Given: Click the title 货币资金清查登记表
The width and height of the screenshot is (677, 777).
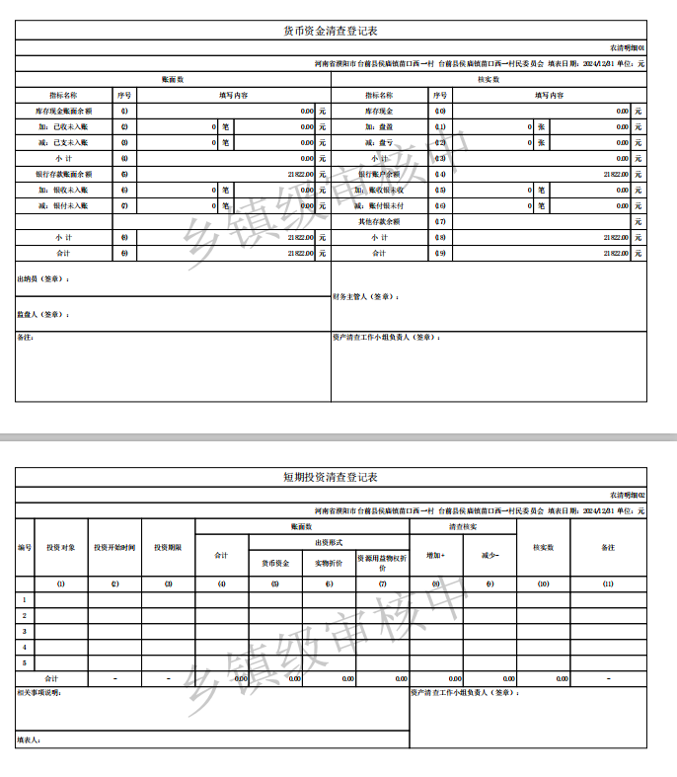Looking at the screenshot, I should pos(331,32).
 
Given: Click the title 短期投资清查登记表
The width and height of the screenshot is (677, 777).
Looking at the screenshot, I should pos(331,477).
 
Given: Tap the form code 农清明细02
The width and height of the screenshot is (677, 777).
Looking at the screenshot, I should pos(627,495).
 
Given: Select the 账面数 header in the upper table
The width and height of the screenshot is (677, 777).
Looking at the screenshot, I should pos(174,79).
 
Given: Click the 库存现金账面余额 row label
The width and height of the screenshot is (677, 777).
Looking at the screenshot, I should pos(64,112).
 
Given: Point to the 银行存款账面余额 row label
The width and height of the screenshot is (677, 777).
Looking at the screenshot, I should pos(64,174).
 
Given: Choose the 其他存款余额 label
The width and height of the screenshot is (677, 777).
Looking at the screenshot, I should pos(379,221).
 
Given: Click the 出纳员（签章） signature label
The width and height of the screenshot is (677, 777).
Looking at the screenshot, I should pos(44,279).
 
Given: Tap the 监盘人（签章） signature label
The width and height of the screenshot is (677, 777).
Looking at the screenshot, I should pos(44,314).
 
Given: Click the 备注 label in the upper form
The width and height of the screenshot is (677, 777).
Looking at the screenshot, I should pos(27,338).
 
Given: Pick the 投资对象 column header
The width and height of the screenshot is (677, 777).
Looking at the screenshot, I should pos(61,547).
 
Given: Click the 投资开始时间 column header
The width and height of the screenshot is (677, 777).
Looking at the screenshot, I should pos(114,547).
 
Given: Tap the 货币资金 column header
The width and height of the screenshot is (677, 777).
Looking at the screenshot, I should pos(275,563).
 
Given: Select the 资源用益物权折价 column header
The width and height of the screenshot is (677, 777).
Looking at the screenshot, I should pos(382,563).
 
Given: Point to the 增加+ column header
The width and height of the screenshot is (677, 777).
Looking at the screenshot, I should pos(435,556).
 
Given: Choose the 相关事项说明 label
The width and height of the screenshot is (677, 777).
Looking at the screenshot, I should pos(40,692).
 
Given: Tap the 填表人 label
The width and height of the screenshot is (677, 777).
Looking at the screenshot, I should pos(29,739).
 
